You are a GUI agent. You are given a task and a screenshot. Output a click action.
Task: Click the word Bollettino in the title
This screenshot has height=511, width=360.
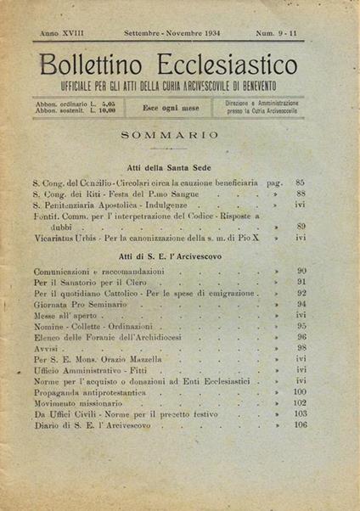[88, 65]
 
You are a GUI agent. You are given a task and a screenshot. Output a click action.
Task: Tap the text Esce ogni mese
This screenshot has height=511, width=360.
[173, 108]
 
